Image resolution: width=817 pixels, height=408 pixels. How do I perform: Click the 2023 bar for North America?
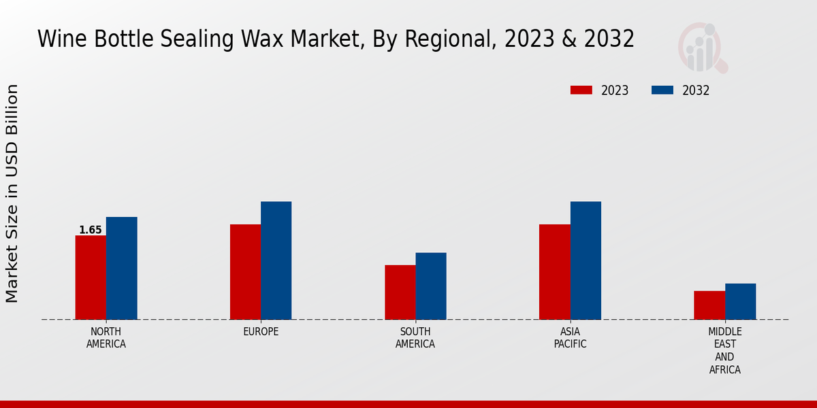91,277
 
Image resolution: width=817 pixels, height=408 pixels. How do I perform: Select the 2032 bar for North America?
121,268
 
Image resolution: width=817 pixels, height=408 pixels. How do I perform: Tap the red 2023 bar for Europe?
245,272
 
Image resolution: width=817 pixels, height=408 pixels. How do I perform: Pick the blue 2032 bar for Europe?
276,260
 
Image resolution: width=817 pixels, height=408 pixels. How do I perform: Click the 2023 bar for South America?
400,292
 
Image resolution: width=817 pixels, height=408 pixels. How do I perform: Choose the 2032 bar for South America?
431,286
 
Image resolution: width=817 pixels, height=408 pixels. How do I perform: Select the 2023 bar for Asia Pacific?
554,272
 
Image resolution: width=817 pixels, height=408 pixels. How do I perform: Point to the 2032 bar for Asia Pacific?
586,260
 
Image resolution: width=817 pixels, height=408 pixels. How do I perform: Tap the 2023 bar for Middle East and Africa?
709,305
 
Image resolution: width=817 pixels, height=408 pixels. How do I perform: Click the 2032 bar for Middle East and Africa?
740,301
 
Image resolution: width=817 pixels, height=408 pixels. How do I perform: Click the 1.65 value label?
91,230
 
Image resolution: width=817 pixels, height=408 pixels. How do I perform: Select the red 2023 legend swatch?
581,90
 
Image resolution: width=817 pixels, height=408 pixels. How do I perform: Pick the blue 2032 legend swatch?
662,90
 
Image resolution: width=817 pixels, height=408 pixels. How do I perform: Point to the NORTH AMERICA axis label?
106,338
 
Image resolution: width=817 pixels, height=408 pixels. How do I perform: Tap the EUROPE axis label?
261,332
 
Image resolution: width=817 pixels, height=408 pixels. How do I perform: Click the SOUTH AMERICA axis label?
415,338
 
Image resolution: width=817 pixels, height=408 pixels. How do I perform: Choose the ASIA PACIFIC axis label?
570,338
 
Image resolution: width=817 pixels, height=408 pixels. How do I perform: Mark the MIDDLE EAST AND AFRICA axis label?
724,351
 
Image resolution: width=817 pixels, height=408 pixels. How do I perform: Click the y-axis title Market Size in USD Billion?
12,193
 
